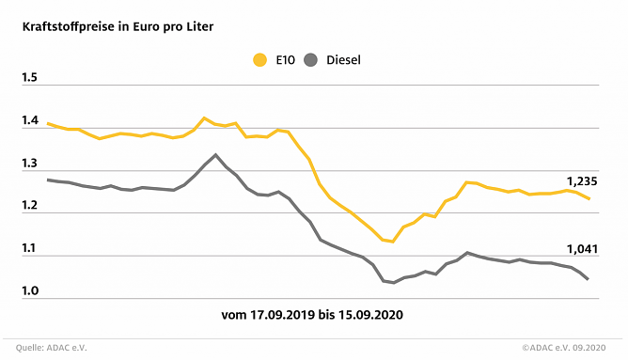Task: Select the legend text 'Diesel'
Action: click(344, 60)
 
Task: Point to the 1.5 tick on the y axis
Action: click(30, 77)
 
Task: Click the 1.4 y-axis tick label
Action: click(30, 121)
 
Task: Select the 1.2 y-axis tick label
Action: click(30, 206)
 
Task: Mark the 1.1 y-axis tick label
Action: click(30, 249)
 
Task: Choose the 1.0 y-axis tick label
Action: click(30, 292)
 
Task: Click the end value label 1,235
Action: click(581, 180)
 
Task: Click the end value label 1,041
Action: click(581, 248)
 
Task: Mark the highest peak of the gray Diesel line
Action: click(216, 155)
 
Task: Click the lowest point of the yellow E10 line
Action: click(393, 242)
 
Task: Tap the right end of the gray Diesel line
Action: click(589, 279)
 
